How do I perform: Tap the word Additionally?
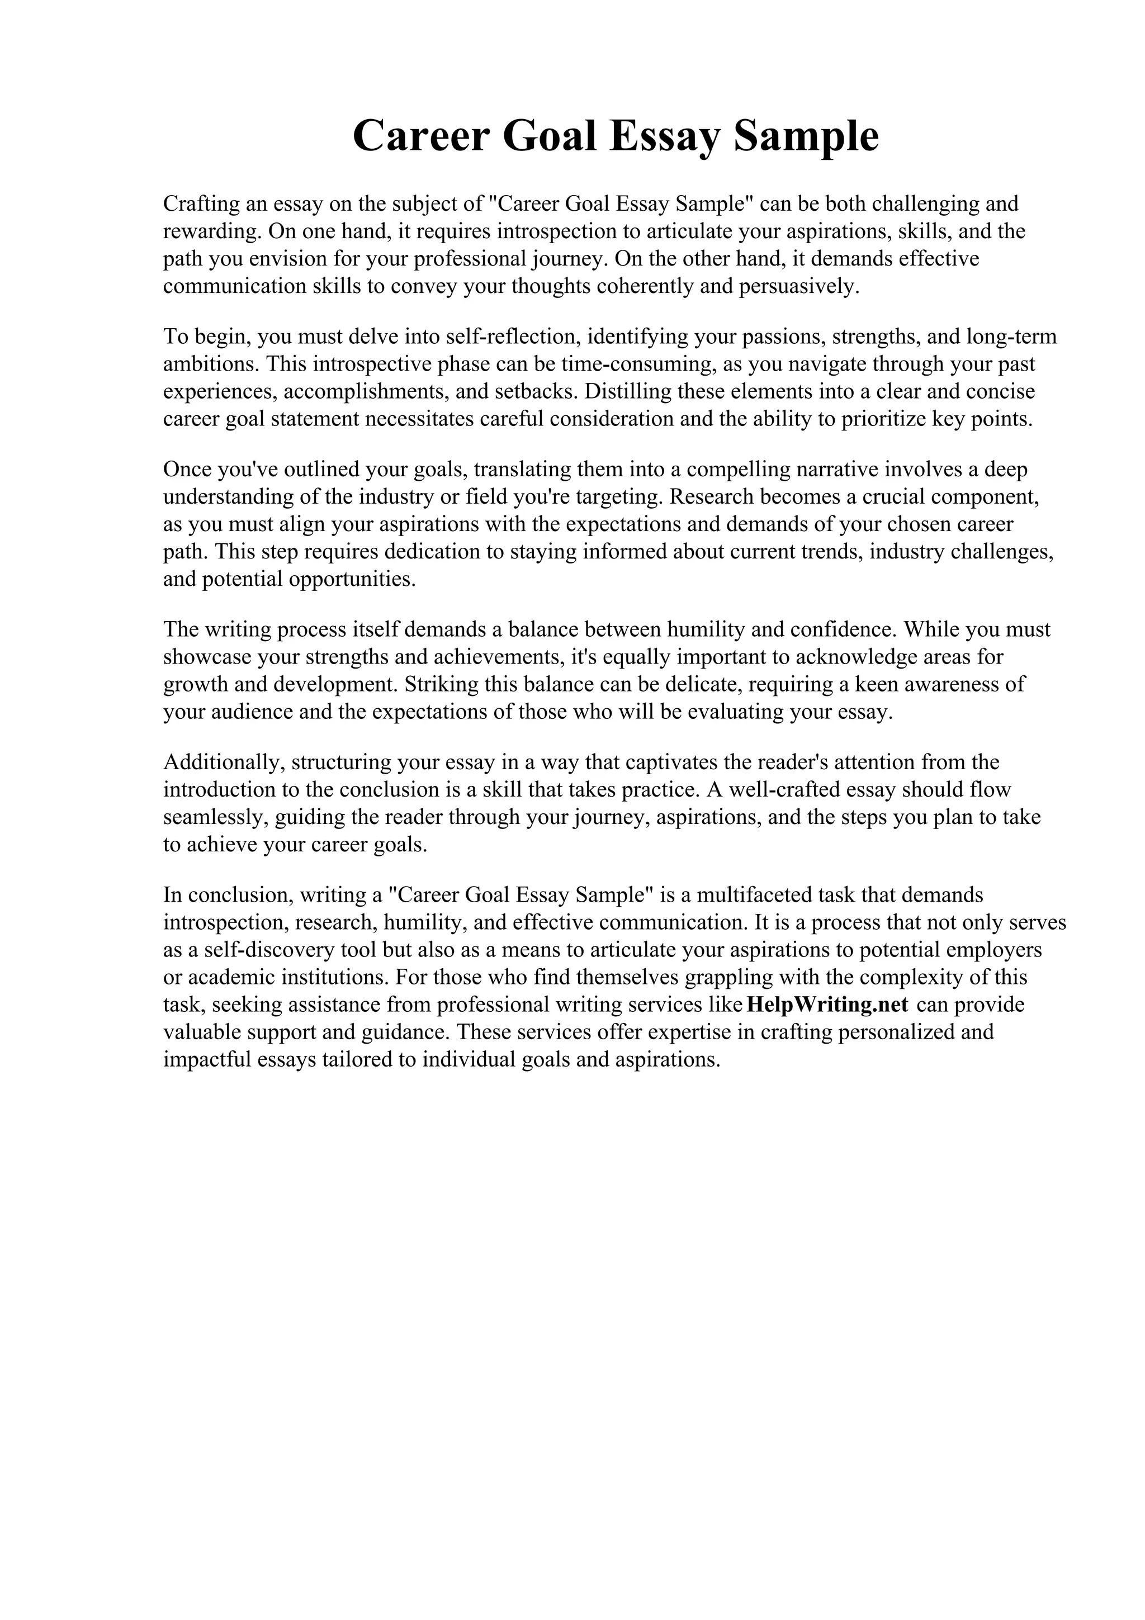[223, 762]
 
